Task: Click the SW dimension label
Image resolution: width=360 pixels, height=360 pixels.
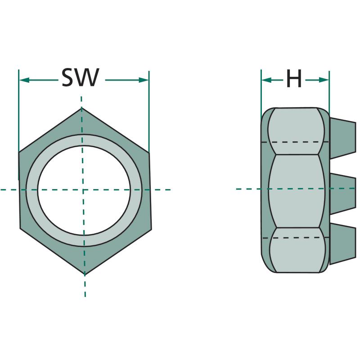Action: tap(81, 77)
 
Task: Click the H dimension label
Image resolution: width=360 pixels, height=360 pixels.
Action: tap(294, 78)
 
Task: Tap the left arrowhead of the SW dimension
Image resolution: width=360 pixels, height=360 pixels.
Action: tap(24, 80)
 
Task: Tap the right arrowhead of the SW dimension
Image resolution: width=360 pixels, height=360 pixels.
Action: tap(144, 80)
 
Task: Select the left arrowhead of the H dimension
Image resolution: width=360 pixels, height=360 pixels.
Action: tap(266, 80)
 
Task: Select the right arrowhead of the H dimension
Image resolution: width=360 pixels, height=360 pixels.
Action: tap(324, 80)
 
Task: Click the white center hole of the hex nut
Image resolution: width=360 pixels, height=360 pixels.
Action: tap(84, 190)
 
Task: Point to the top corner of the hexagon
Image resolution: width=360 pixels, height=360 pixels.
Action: tap(82, 108)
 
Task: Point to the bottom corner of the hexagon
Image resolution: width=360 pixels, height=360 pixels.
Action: tap(85, 274)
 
